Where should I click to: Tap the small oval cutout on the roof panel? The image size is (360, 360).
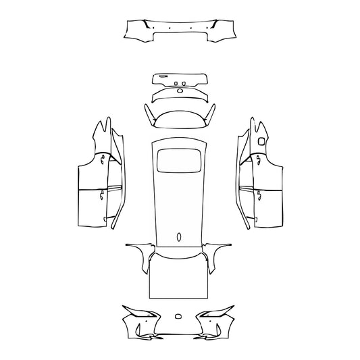[x=180, y=236]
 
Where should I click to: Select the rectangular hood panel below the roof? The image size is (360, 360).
[x=180, y=277]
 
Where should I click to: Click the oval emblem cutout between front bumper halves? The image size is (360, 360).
[x=179, y=315]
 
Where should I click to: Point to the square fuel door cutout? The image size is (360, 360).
[x=261, y=140]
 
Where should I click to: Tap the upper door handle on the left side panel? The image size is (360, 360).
[x=102, y=159]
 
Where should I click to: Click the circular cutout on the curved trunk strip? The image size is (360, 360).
[x=180, y=91]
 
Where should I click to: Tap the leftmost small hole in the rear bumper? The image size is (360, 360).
[x=155, y=28]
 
